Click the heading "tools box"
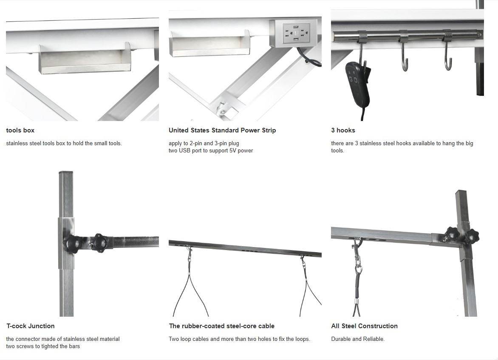pos(20,130)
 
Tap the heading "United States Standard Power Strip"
pos(222,130)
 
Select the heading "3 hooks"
pos(343,130)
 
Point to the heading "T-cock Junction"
pos(31,326)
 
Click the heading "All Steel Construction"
pos(364,326)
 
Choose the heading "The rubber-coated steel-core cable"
pos(222,326)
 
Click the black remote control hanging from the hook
pos(358,85)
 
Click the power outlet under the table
pos(295,33)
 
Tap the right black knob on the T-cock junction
pos(100,243)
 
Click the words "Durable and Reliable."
pos(358,339)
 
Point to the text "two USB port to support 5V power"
pos(211,151)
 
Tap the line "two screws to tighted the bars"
pos(43,346)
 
